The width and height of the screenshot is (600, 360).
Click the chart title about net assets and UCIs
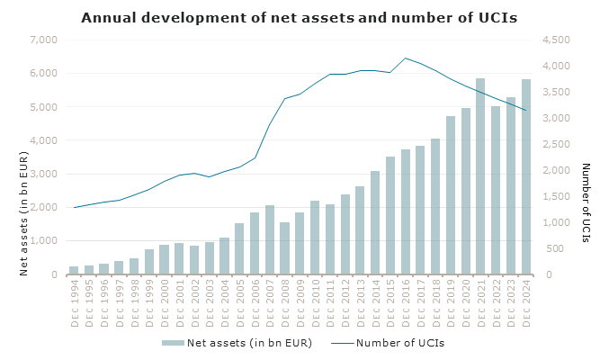click(x=300, y=17)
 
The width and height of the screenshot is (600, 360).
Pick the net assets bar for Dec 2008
click(x=284, y=248)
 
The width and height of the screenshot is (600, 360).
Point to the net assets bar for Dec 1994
click(x=74, y=270)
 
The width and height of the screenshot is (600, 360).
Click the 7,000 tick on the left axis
click(x=43, y=40)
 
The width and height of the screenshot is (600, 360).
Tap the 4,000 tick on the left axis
click(x=43, y=140)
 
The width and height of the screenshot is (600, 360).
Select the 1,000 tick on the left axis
click(x=43, y=241)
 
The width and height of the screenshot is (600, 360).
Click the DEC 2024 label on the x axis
click(x=525, y=305)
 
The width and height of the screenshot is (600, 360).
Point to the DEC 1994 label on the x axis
click(x=74, y=305)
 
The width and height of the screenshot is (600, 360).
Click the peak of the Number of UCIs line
click(x=406, y=58)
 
